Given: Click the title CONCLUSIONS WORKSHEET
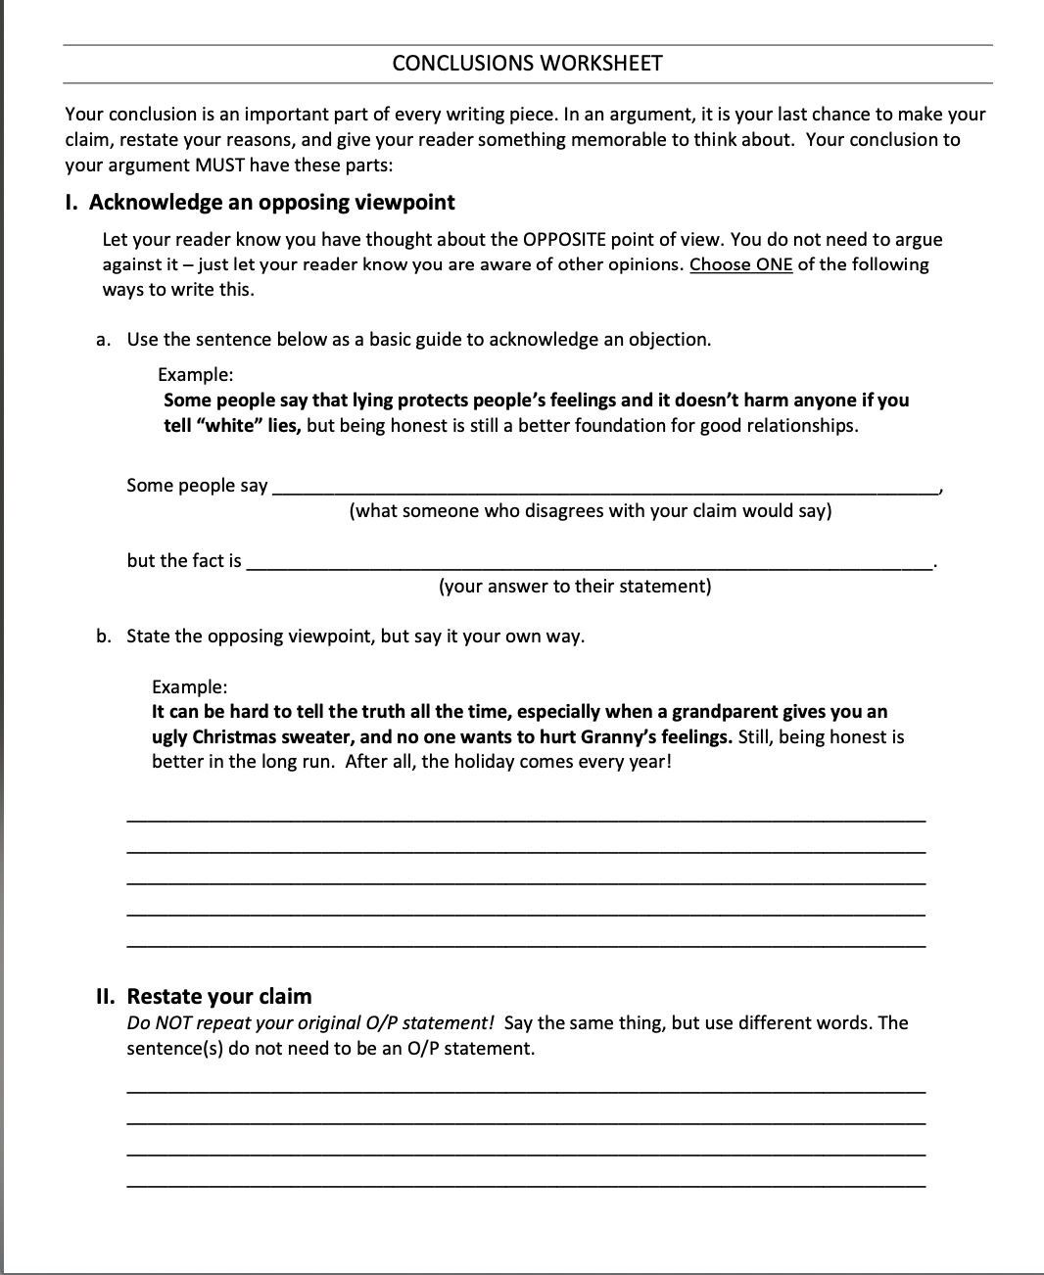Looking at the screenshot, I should pyautogui.click(x=527, y=64).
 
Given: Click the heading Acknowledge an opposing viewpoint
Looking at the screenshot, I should pyautogui.click(x=271, y=203).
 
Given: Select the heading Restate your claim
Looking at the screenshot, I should pyautogui.click(x=219, y=997).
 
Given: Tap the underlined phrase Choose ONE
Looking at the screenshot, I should pyautogui.click(x=740, y=264).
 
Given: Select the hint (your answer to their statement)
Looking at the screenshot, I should pyautogui.click(x=575, y=587).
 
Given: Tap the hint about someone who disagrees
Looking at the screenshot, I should pyautogui.click(x=590, y=511).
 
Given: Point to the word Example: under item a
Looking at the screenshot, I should pyautogui.click(x=196, y=375).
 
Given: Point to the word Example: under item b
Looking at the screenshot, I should pyautogui.click(x=190, y=687).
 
